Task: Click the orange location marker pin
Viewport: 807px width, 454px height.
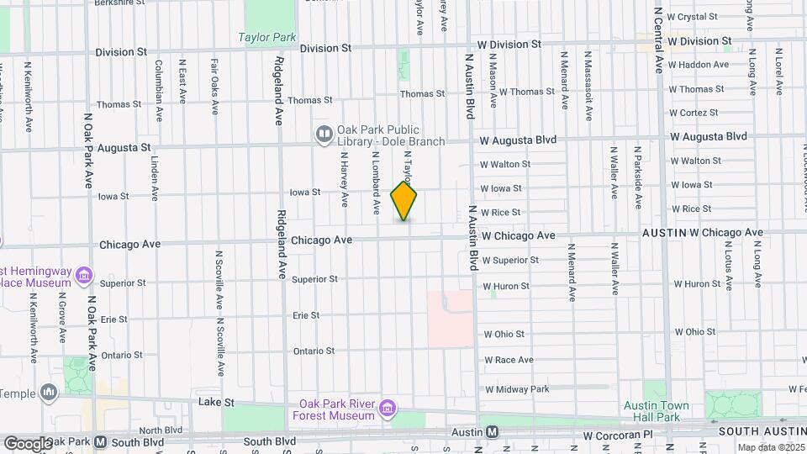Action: [404, 201]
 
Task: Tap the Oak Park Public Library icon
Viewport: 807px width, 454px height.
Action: [324, 134]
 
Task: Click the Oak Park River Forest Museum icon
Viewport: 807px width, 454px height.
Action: [388, 409]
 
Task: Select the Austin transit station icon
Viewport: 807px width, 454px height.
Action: [493, 432]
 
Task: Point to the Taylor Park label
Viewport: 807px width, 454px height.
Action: [266, 37]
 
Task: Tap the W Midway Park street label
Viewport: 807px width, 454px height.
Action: [516, 389]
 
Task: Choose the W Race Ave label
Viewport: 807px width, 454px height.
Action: [509, 360]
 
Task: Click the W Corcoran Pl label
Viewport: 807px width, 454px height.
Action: [618, 437]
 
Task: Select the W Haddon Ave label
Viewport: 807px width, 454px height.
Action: [699, 65]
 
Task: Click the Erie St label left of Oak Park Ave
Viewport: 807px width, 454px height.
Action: [113, 319]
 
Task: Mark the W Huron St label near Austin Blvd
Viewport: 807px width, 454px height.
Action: [506, 286]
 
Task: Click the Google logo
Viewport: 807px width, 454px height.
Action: [28, 443]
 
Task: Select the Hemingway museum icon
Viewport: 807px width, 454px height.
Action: [83, 275]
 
